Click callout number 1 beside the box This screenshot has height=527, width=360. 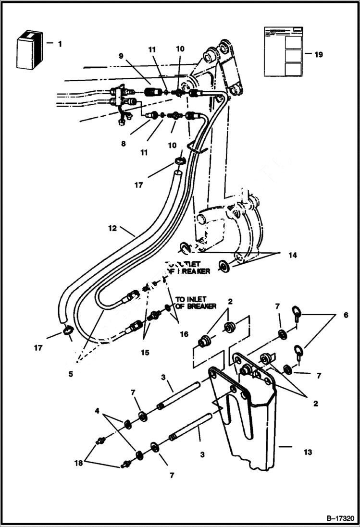[x=60, y=44]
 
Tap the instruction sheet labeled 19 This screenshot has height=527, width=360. [x=282, y=51]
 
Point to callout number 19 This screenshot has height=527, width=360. [x=318, y=54]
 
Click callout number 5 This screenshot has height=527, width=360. [x=71, y=372]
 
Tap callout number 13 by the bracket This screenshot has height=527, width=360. [x=308, y=452]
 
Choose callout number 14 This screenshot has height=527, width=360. [x=292, y=256]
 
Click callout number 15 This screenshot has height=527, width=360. [x=145, y=353]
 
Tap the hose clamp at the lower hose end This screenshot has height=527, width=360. [x=68, y=331]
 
